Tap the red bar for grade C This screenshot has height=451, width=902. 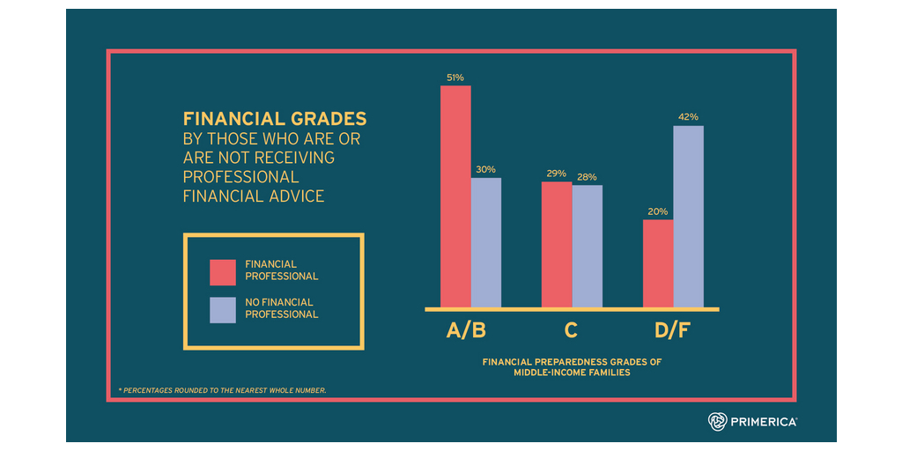557,244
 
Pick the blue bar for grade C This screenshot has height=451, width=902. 588,246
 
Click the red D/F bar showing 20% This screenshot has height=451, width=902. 658,263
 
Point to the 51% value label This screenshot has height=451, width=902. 455,78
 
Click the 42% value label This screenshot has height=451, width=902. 689,117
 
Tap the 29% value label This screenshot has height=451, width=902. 556,174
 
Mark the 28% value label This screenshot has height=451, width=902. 587,177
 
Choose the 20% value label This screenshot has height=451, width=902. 658,211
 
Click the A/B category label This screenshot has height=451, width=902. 466,331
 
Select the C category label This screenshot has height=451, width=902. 572,331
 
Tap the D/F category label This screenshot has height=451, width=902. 672,331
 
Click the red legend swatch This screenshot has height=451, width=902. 223,271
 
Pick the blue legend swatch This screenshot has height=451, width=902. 223,309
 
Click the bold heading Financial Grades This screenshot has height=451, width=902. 275,119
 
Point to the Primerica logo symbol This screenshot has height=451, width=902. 718,422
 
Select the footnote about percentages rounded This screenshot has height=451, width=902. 222,389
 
